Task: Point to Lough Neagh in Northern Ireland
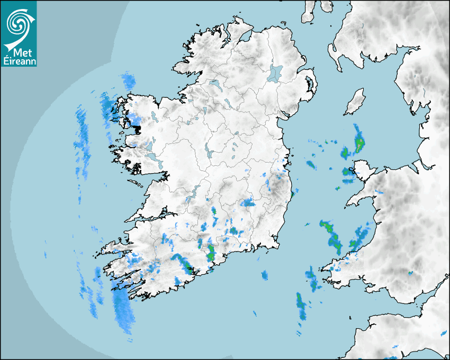276,73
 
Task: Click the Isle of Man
355,102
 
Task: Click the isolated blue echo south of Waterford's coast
265,274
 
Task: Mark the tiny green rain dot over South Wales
409,273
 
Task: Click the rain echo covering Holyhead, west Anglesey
348,172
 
